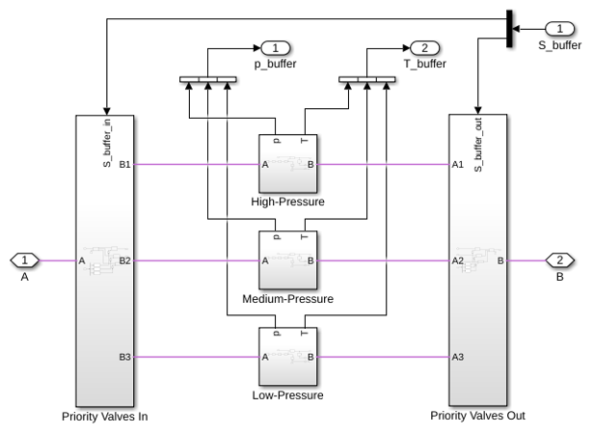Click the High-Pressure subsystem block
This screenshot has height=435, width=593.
click(287, 163)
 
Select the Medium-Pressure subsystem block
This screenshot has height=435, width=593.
click(287, 259)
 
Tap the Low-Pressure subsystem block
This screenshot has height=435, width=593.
click(287, 356)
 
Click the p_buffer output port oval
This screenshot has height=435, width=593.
click(276, 48)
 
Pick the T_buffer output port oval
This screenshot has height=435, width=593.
click(424, 48)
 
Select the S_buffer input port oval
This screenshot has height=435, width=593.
click(559, 28)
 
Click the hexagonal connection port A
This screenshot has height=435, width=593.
click(24, 260)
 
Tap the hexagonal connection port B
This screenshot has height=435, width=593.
click(559, 260)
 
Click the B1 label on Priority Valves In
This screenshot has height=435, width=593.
click(124, 164)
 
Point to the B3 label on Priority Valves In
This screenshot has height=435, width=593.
click(124, 357)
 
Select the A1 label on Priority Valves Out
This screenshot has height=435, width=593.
click(458, 164)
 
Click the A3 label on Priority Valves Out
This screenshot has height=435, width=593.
click(458, 357)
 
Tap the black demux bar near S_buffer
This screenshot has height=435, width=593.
click(509, 29)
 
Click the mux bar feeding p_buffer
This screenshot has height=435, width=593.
click(208, 79)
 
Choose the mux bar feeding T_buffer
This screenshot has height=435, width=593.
click(367, 79)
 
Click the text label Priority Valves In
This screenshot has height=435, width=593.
click(105, 417)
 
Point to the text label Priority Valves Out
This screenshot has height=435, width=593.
click(477, 416)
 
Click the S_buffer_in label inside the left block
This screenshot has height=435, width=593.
click(107, 143)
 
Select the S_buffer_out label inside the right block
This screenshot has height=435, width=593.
click(478, 145)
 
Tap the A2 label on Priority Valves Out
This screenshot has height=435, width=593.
click(458, 260)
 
